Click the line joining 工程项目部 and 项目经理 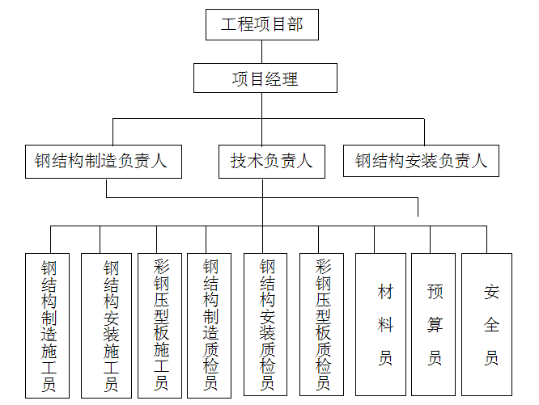262,52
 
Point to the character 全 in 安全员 491,325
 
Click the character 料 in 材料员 385,325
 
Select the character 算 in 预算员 435,325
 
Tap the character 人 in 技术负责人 304,161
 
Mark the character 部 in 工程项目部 295,25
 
